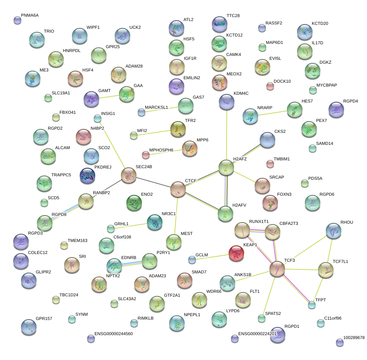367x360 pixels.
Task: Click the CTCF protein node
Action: point(178,189)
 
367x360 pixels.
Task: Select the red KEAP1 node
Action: point(236,253)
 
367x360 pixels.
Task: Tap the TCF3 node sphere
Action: point(277,269)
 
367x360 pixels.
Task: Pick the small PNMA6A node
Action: point(17,20)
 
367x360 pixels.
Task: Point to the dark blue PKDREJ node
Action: point(87,176)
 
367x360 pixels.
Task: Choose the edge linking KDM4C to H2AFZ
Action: point(226,134)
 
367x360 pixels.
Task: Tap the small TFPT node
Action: point(311,305)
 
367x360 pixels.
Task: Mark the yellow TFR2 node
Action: point(178,129)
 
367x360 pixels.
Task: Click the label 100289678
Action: point(354,337)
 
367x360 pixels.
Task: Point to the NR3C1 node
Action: point(155,222)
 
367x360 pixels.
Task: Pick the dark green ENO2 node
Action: point(134,202)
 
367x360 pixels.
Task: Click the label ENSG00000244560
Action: point(114,334)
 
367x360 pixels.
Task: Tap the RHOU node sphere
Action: point(333,231)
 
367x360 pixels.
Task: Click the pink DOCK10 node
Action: point(270,86)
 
